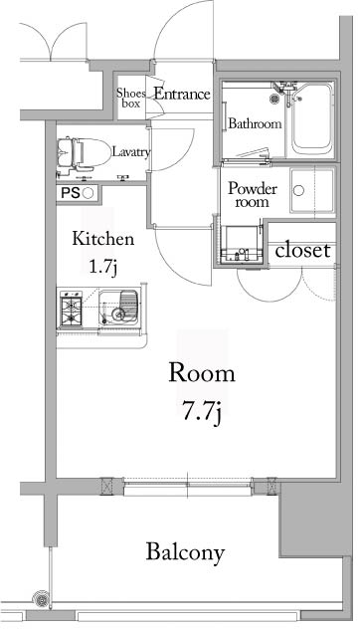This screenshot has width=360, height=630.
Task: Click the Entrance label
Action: click(180, 95)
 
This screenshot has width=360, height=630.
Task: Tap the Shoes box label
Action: click(132, 96)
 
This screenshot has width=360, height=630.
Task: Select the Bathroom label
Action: click(255, 124)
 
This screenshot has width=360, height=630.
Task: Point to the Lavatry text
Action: click(131, 152)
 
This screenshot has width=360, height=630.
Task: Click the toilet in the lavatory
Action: click(81, 152)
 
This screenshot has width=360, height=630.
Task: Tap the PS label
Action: click(70, 193)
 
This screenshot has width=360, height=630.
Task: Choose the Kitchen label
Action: click(102, 240)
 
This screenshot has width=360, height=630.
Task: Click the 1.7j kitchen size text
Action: click(102, 266)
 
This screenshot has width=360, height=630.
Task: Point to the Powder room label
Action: click(253, 194)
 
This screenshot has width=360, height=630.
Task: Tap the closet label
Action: click(302, 251)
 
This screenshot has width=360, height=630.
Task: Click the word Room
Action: click(201, 374)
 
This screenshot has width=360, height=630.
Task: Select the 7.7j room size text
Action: click(201, 411)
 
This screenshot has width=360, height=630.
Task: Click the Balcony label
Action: click(185, 552)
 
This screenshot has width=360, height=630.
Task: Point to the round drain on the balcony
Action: click(42, 599)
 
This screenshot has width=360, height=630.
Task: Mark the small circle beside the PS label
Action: click(88, 193)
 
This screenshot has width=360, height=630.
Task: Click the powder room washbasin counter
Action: click(241, 246)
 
